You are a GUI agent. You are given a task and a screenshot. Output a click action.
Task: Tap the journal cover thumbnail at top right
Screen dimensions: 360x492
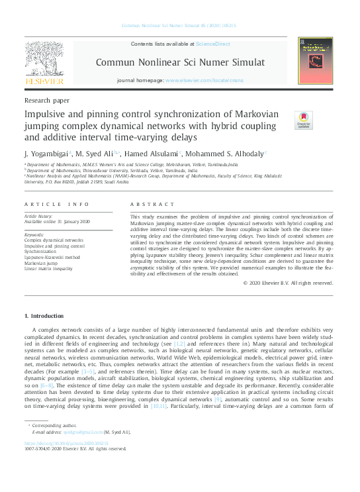(x=315, y=60)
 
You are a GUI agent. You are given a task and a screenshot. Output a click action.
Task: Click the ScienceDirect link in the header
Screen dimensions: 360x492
(x=212, y=44)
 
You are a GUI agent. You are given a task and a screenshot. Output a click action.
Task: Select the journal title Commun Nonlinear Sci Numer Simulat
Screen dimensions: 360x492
(x=180, y=63)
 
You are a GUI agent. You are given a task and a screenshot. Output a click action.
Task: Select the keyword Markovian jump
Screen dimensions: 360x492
(x=41, y=263)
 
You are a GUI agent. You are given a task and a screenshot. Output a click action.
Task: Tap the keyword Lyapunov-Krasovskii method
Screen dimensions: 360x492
(x=52, y=257)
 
